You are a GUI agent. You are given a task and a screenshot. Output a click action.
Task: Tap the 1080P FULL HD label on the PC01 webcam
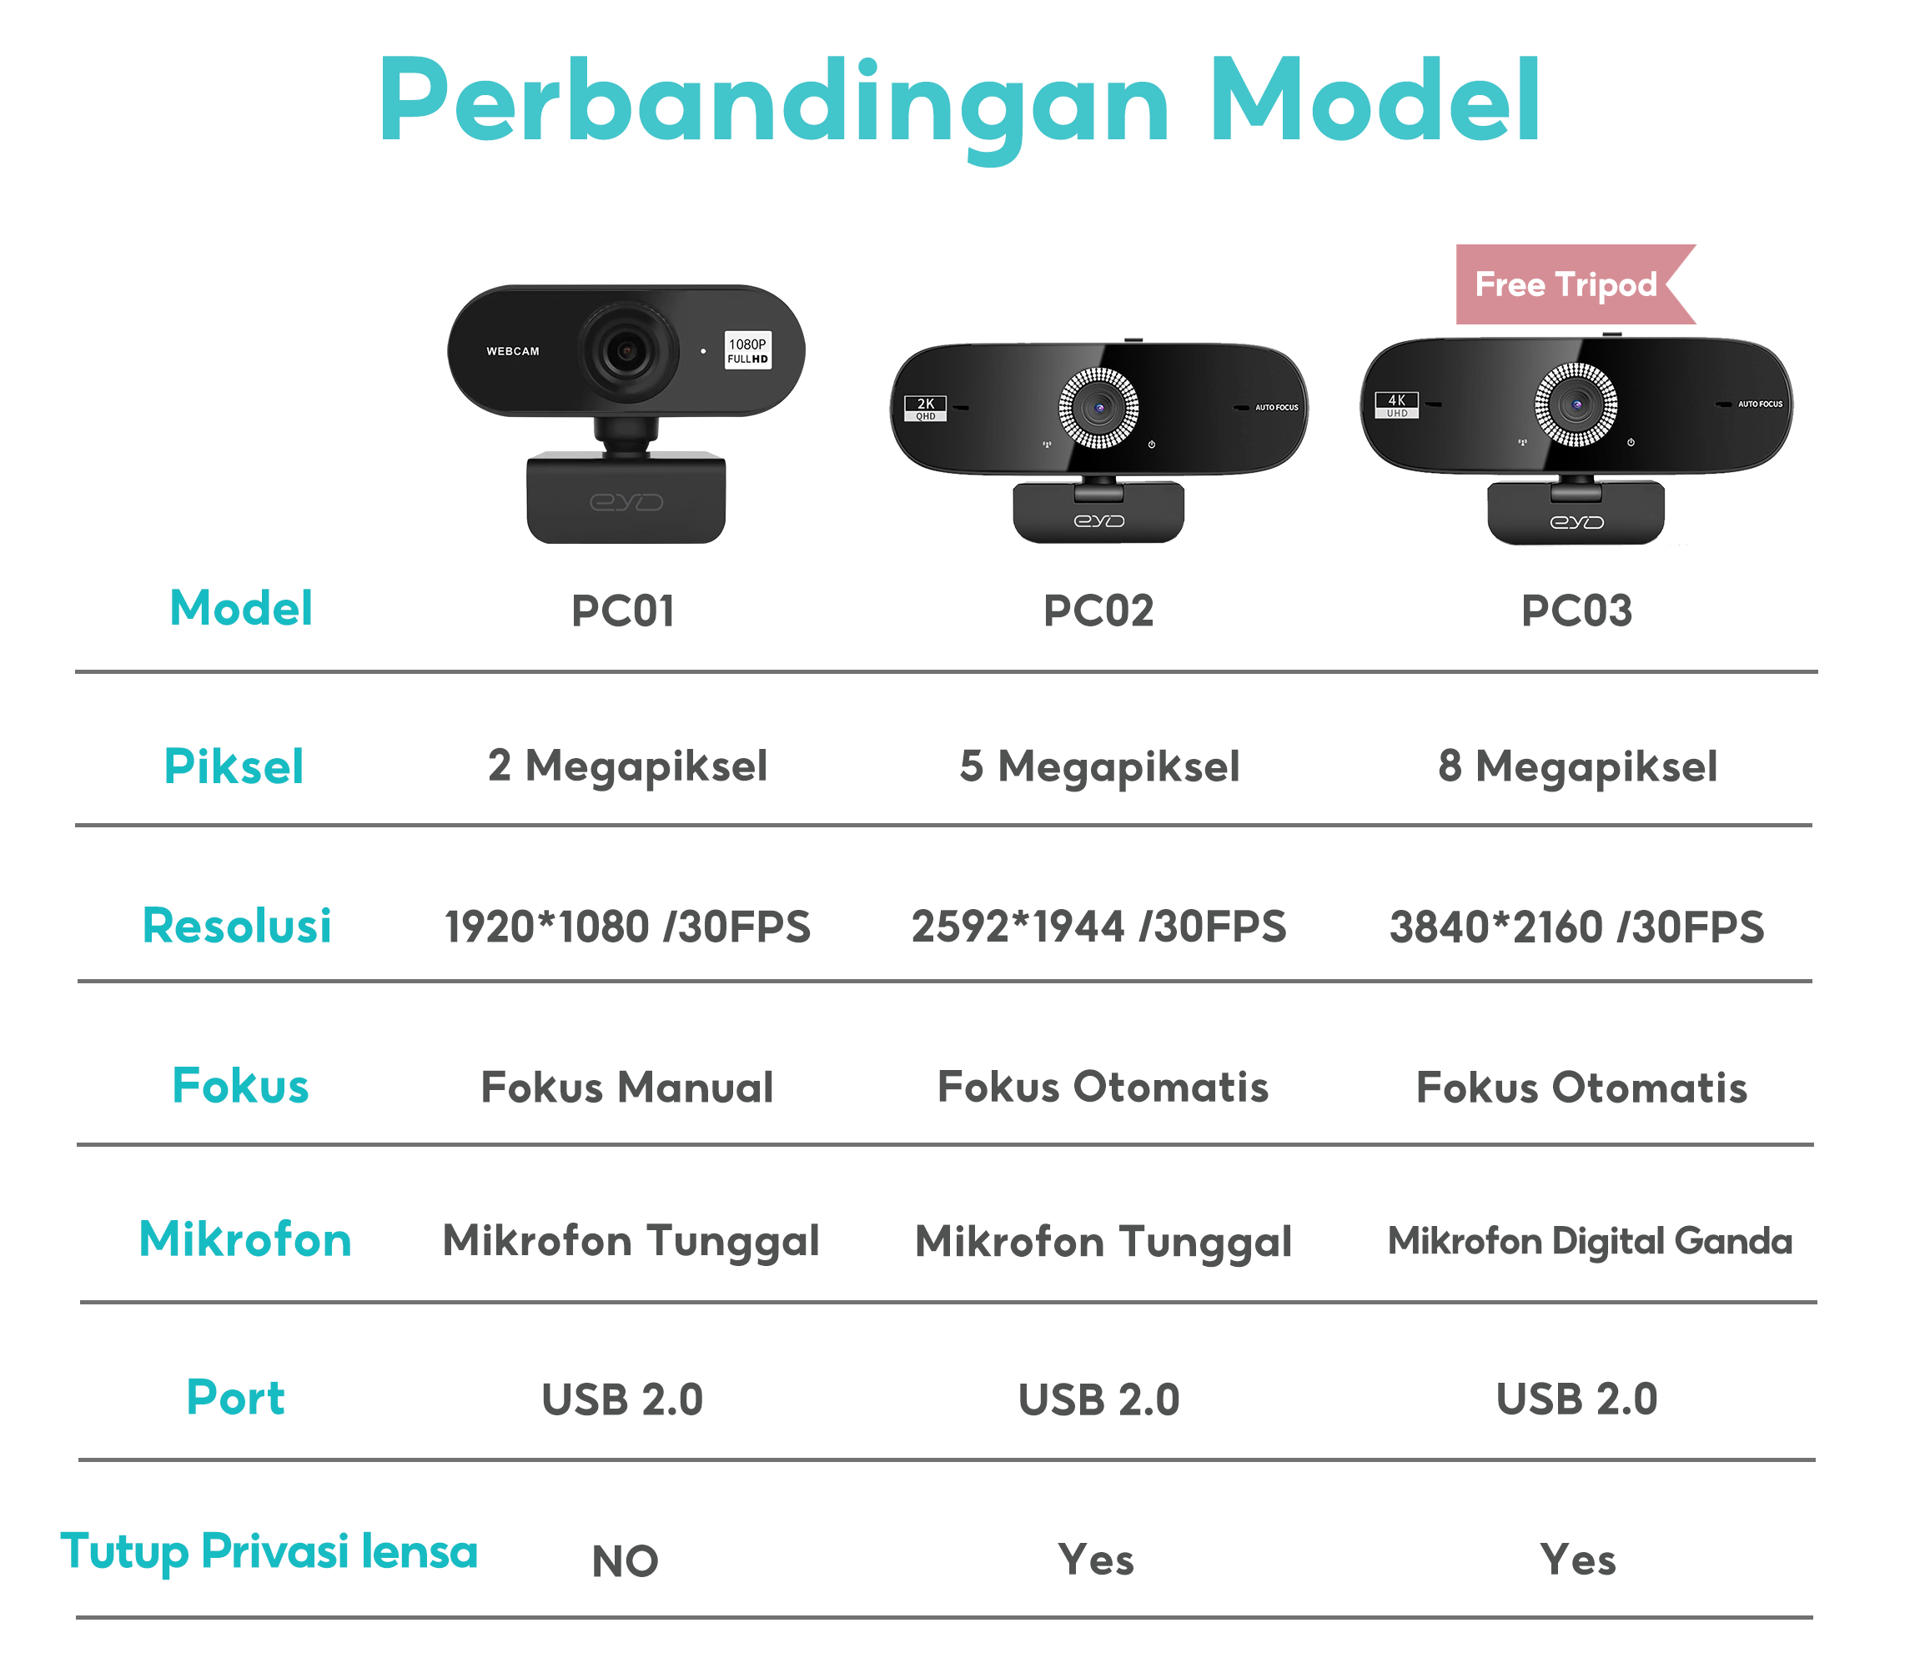[x=747, y=351]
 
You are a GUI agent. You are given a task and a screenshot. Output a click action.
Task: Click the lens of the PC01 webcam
[x=626, y=352]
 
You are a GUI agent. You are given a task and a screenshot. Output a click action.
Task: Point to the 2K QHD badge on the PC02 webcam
[x=925, y=409]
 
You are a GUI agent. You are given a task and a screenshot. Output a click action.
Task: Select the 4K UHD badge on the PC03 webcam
[x=1396, y=404]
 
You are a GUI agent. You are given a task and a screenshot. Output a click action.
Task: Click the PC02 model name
[x=1098, y=611]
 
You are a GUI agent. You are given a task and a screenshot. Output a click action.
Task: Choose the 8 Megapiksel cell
[x=1577, y=767]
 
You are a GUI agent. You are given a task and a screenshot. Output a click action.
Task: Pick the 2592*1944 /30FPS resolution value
[x=1098, y=927]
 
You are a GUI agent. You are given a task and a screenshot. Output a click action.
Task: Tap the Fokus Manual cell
[x=626, y=1088]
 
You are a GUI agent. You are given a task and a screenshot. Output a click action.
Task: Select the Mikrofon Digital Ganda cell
[x=1590, y=1241]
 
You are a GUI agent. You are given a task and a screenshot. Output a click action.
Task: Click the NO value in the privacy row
[x=625, y=1562]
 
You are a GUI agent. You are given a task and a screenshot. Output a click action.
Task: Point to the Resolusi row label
[x=236, y=926]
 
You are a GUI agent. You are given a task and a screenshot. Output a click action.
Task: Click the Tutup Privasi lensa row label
[x=269, y=1551]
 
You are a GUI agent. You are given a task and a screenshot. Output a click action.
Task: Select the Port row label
[x=235, y=1398]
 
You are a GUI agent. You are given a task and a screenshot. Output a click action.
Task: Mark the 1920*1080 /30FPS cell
[x=627, y=927]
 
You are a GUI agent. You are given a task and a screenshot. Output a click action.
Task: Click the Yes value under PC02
[x=1095, y=1560]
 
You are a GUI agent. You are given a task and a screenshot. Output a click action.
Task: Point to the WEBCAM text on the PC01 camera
[x=513, y=352]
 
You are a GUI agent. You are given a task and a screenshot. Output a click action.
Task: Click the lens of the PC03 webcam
[x=1576, y=404]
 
